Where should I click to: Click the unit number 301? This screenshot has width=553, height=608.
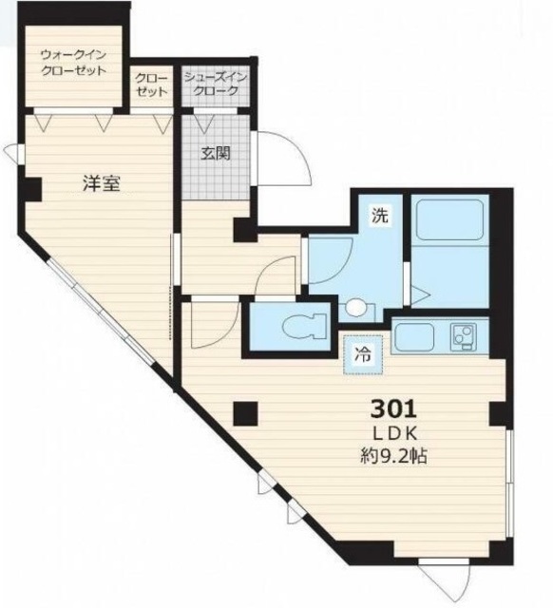pos(393,408)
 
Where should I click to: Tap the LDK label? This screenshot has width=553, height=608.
pos(394,434)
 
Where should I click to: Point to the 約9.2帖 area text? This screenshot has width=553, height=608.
pos(393,456)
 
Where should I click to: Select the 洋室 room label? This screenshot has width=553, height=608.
pos(102,183)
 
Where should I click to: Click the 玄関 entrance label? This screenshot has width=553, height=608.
pos(216,154)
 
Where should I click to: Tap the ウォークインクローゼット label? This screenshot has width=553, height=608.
pos(73,63)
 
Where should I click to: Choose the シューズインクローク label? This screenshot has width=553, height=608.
pos(216,84)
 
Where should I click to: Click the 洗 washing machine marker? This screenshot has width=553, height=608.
pos(380,216)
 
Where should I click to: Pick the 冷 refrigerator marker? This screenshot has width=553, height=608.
pos(363,354)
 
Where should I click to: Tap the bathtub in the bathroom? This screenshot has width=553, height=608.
pos(449,219)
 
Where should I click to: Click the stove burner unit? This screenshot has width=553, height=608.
pos(464,335)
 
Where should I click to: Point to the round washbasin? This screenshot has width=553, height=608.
pos(356,308)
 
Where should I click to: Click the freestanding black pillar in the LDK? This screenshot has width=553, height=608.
pos(245,413)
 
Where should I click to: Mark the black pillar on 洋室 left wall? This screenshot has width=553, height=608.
pos(31,190)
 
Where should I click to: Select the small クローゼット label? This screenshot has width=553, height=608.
pos(152,85)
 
